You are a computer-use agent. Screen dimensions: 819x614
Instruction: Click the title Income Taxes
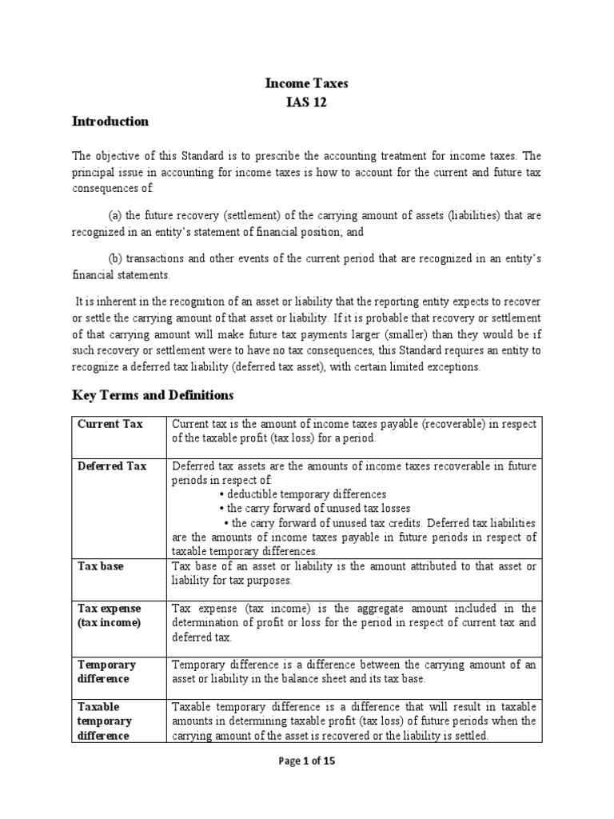pos(307,82)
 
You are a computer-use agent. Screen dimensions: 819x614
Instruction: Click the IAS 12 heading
pos(307,102)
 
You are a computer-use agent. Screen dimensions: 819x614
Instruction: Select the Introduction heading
pos(110,122)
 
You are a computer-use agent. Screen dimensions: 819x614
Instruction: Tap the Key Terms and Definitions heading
pos(153,394)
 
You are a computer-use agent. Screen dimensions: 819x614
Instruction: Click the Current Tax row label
pos(110,424)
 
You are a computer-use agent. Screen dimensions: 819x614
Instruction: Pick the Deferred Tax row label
pos(112,466)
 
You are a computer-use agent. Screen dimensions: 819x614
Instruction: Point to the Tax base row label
pos(100,566)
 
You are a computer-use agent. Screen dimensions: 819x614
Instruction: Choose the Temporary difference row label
pos(106,672)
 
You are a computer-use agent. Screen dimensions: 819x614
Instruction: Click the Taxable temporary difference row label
pos(104,721)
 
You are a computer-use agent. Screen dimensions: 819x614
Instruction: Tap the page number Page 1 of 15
pos(306,761)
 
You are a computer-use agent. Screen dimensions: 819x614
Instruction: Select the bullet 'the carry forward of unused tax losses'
pos(314,509)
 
